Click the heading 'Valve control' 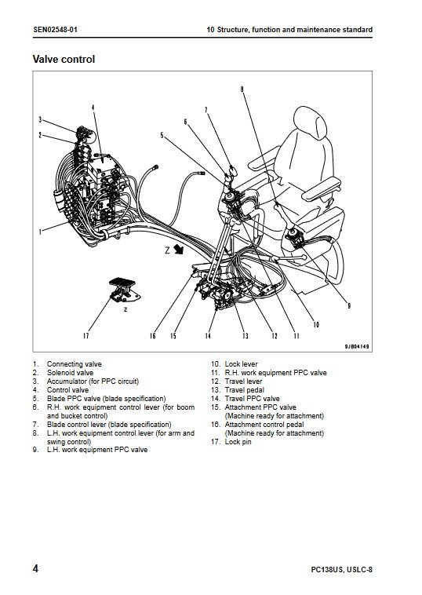click(x=64, y=59)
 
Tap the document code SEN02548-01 click(x=55, y=30)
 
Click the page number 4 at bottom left click(x=35, y=568)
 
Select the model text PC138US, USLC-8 click(x=342, y=569)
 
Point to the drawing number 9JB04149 click(x=356, y=346)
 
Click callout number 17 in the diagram click(x=85, y=335)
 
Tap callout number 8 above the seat click(x=242, y=89)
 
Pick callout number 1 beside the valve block click(x=40, y=231)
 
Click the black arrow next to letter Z click(x=179, y=250)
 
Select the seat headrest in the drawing click(x=310, y=122)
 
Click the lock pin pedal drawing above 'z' click(x=125, y=290)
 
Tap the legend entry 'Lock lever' click(x=241, y=364)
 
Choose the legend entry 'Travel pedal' click(x=244, y=390)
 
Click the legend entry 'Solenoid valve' click(x=70, y=373)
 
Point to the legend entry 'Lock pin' click(x=238, y=442)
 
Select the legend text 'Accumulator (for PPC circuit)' click(x=93, y=381)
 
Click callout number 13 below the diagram click(x=246, y=336)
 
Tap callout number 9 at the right click(x=349, y=305)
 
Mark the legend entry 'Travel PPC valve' click(x=252, y=399)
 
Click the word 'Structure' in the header click(x=233, y=30)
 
